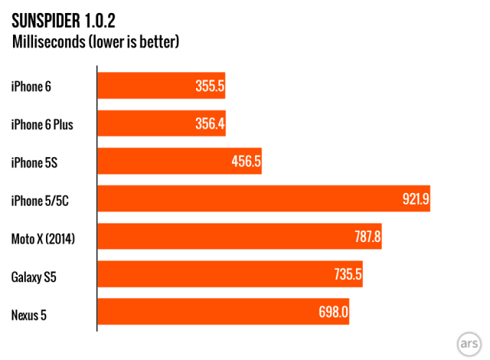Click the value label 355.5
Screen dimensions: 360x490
209,86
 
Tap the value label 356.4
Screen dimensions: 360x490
209,123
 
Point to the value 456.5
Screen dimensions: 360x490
246,161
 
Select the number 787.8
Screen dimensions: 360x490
365,237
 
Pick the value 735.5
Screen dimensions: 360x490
346,274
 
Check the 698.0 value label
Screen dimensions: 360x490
333,312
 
